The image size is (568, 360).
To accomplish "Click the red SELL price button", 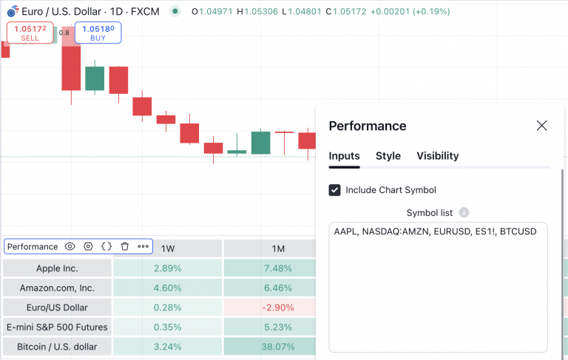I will coord(30,33).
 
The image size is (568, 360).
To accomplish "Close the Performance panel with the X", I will coord(541,126).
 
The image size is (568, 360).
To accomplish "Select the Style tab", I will coord(388,156).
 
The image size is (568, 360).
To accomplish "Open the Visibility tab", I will coord(437,156).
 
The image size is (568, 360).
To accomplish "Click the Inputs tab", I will coord(344,156).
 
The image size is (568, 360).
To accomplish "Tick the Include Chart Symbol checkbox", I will coord(335,190).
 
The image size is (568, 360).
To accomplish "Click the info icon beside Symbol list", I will coord(464,213).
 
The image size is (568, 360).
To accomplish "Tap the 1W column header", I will coord(168,248).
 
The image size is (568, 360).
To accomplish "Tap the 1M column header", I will coord(278,248).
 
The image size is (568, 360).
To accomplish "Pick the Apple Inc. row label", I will coord(57,268).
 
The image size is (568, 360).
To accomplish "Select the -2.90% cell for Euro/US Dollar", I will coord(278,307).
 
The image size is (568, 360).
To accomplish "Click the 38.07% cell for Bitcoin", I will coord(278,346).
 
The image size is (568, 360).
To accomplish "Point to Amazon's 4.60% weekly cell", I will coord(168,288).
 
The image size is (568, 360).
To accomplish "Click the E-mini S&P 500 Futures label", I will coord(57,327).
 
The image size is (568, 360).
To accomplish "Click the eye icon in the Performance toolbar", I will coord(70,247).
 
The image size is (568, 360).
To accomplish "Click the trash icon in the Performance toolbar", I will coord(124,247).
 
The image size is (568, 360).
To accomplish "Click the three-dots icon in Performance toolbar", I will coord(143,247).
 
